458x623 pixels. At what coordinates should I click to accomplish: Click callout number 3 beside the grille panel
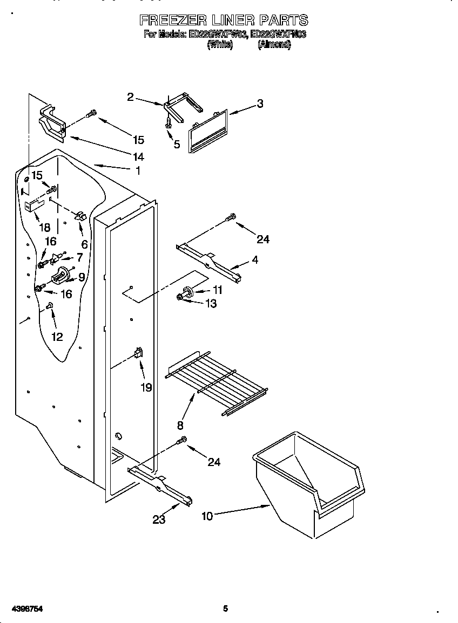click(260, 104)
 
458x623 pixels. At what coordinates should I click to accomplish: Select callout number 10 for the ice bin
click(207, 516)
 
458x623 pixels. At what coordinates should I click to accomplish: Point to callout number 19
click(146, 387)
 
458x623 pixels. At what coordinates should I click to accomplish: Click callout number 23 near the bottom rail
click(159, 519)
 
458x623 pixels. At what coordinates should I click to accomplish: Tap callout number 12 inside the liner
click(57, 337)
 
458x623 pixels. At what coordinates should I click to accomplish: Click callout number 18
click(44, 228)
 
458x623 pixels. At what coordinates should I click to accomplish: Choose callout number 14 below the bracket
click(138, 157)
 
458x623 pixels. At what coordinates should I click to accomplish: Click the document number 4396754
click(22, 609)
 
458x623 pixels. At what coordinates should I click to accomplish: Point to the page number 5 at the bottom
click(226, 609)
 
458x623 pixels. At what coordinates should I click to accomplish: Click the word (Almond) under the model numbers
click(274, 45)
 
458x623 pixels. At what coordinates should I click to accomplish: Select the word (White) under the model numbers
click(220, 45)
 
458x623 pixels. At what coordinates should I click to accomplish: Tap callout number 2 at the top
click(130, 97)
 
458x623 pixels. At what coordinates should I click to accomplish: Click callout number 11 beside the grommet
click(217, 290)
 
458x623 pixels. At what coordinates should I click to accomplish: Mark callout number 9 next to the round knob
click(82, 277)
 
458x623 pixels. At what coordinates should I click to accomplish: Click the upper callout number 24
click(263, 239)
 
